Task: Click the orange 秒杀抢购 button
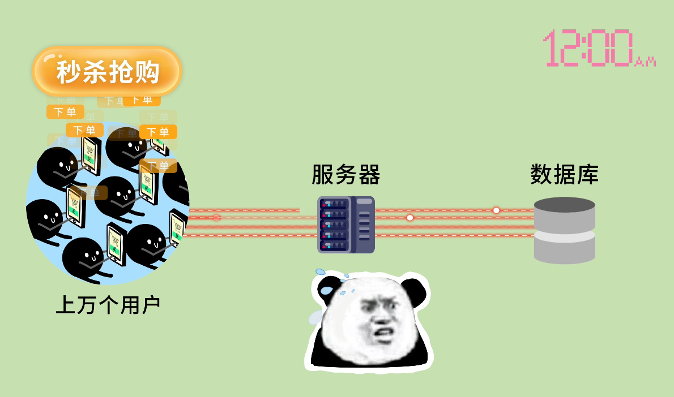(107, 71)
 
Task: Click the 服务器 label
(345, 175)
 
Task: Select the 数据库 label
(564, 175)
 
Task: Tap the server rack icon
(345, 225)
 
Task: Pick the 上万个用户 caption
(108, 305)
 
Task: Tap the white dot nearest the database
(496, 210)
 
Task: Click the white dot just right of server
(409, 218)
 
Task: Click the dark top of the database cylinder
(564, 204)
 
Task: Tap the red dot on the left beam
(216, 218)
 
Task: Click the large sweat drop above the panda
(327, 290)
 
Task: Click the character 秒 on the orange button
(69, 72)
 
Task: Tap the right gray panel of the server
(365, 225)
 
